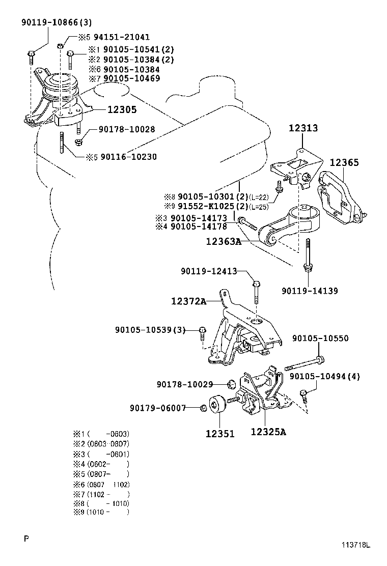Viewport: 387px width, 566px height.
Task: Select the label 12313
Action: (304, 128)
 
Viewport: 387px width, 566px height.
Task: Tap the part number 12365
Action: (344, 163)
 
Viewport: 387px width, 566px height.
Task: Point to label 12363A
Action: (223, 242)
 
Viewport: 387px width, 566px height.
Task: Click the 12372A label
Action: (188, 301)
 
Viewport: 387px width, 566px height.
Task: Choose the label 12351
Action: (220, 434)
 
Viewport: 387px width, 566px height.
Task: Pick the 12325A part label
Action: (268, 433)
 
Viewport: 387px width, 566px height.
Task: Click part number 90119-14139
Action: (310, 291)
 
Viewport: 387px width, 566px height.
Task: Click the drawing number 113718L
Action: (355, 546)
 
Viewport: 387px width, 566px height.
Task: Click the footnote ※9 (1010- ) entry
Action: (101, 512)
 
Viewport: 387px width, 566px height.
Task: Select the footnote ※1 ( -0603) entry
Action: (101, 434)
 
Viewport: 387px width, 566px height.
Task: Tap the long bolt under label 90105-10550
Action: (304, 364)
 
